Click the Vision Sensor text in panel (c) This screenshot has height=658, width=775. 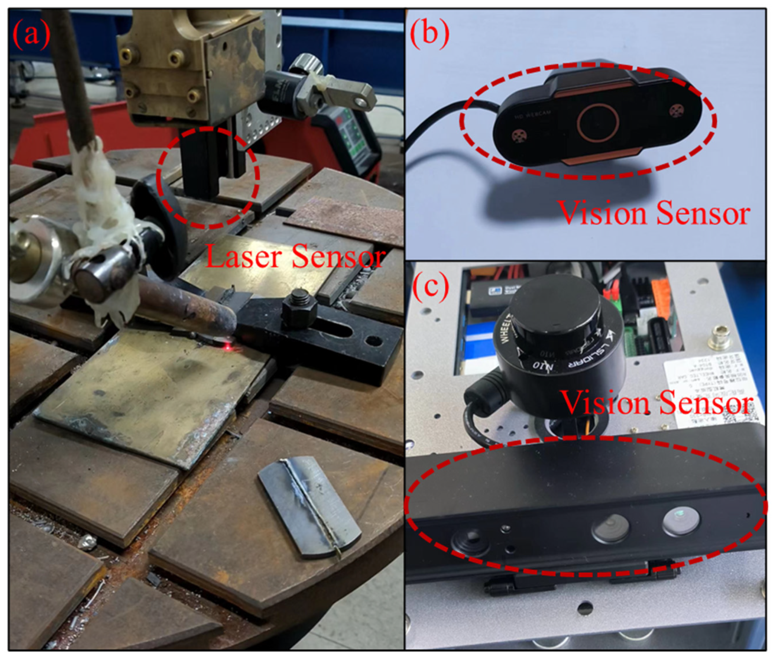[657, 403]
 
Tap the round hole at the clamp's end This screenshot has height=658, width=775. [374, 341]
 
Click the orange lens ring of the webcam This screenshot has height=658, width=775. [598, 122]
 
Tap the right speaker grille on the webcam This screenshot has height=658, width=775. [676, 110]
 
